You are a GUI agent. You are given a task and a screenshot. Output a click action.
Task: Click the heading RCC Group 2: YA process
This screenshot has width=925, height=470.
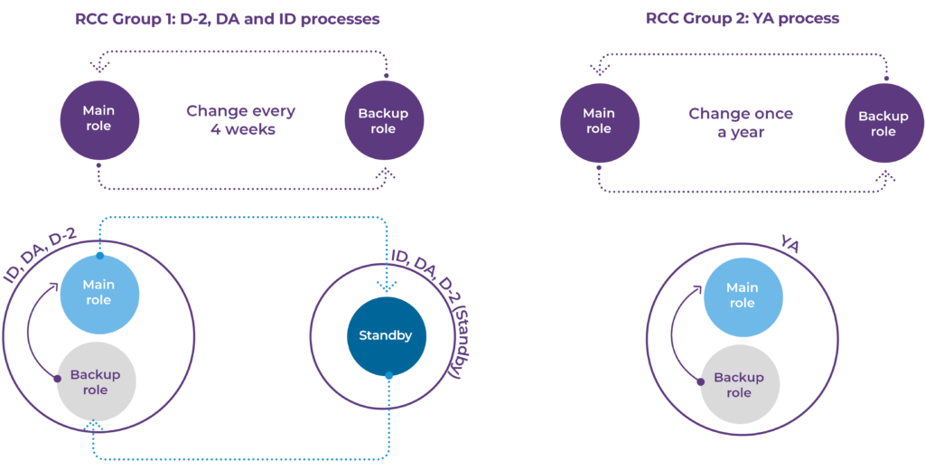pyautogui.click(x=743, y=19)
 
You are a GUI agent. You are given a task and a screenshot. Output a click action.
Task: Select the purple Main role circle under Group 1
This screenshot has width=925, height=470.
pyautogui.click(x=99, y=120)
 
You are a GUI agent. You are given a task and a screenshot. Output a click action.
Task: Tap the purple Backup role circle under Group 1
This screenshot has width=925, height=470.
pyautogui.click(x=383, y=120)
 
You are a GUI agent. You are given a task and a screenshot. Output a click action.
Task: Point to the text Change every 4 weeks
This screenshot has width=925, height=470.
pyautogui.click(x=241, y=120)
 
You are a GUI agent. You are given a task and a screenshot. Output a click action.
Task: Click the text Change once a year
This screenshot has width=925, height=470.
pyautogui.click(x=741, y=122)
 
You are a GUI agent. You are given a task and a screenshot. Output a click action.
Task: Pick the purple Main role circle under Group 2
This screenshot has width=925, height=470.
pyautogui.click(x=598, y=122)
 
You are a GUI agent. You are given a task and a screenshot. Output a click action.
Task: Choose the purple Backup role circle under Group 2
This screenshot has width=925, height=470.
pyautogui.click(x=883, y=122)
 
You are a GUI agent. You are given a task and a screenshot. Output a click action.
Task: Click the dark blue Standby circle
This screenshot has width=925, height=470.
pyautogui.click(x=386, y=335)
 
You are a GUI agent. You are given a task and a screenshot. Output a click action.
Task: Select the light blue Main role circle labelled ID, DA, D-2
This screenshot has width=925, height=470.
pyautogui.click(x=99, y=292)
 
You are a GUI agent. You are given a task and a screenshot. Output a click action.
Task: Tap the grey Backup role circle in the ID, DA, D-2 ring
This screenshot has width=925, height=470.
pyautogui.click(x=96, y=382)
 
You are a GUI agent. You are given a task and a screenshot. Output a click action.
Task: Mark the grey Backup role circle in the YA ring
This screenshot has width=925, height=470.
pyautogui.click(x=740, y=385)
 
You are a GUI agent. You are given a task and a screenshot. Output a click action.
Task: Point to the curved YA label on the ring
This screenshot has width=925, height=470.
pyautogui.click(x=790, y=244)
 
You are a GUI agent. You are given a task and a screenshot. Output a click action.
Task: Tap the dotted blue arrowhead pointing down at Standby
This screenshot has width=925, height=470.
pyautogui.click(x=386, y=287)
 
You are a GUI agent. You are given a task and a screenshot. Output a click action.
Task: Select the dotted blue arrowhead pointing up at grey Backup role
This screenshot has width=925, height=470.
pyautogui.click(x=94, y=425)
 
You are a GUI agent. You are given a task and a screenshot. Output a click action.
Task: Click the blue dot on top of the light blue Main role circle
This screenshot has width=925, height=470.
pyautogui.click(x=99, y=256)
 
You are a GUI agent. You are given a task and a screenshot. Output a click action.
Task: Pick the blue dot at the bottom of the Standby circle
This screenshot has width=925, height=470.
pyautogui.click(x=388, y=375)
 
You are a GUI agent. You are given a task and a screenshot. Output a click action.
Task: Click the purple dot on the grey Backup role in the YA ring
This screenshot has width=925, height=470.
pyautogui.click(x=701, y=381)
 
